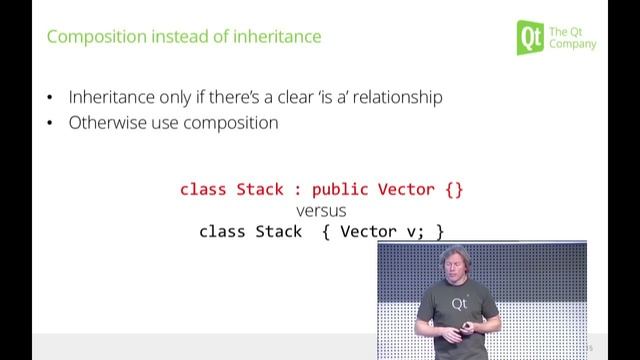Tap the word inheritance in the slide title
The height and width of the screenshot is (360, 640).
277,37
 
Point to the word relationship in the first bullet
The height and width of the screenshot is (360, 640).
392,98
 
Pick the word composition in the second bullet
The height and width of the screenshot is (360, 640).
229,124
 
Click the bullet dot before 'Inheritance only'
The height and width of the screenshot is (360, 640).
51,99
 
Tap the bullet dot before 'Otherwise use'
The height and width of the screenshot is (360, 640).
51,125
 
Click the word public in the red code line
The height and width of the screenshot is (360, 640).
341,189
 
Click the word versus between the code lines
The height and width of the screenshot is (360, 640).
321,210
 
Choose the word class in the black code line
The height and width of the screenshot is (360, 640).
224,231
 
